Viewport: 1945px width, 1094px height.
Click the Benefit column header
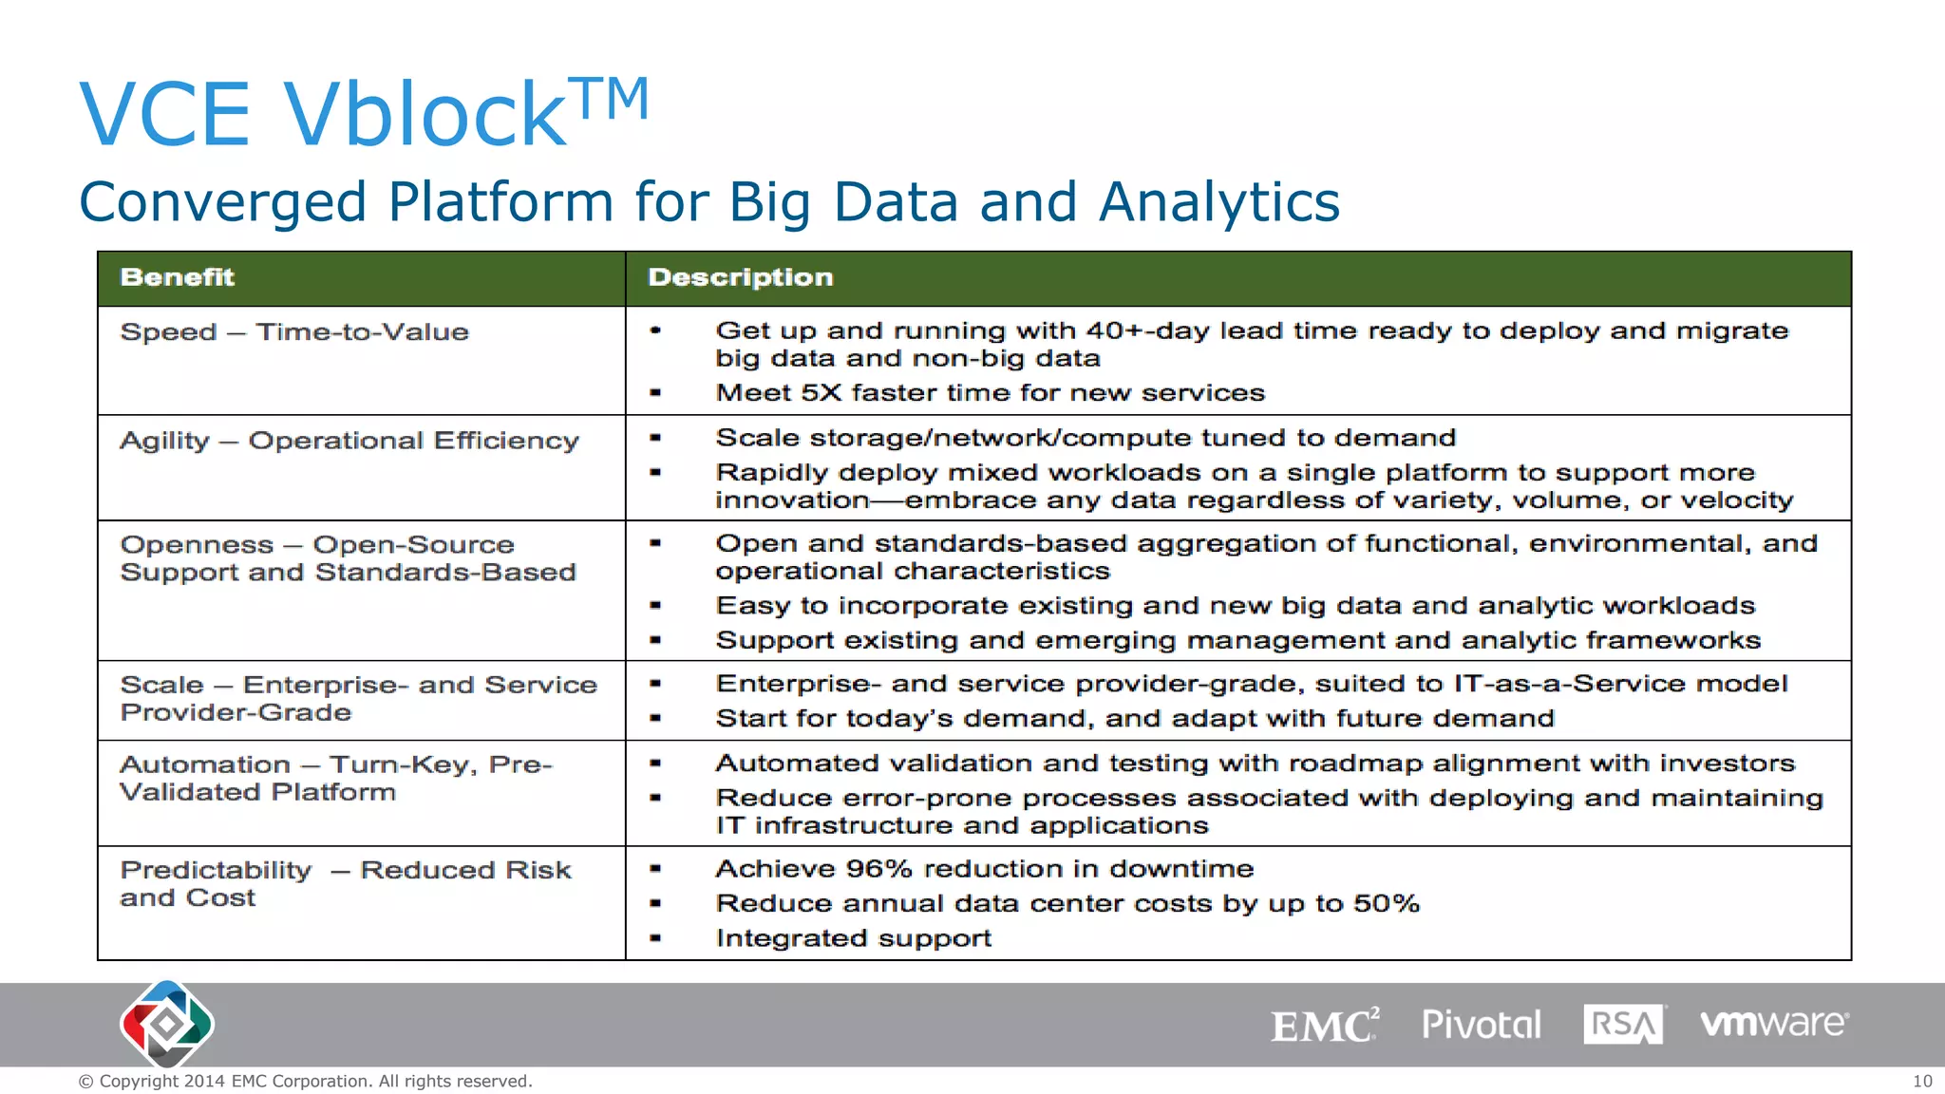tap(177, 277)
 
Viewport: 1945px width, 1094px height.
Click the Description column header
tap(740, 277)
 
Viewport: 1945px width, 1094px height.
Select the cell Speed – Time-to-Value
tap(294, 332)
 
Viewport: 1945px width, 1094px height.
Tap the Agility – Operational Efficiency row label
tap(349, 441)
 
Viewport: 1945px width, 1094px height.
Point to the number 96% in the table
tap(878, 869)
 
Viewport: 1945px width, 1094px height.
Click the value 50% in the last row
tap(1386, 903)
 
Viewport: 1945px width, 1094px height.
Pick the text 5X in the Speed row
tap(821, 393)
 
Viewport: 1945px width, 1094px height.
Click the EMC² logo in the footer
tap(1324, 1025)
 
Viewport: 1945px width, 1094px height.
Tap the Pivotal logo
tap(1481, 1025)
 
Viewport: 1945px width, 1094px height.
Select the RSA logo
tap(1623, 1025)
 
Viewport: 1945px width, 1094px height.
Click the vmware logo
tap(1773, 1023)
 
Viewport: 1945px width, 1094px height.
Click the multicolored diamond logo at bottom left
tap(167, 1025)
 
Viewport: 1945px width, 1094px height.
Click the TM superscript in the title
tap(614, 99)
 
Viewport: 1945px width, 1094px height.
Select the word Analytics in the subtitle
tap(1218, 202)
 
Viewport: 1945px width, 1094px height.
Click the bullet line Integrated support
tap(853, 938)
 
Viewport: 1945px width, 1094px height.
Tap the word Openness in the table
tap(197, 545)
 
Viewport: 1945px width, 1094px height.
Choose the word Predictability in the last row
tap(216, 870)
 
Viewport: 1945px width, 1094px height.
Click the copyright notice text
tap(305, 1081)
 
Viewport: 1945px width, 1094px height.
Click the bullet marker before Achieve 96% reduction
tap(655, 869)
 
